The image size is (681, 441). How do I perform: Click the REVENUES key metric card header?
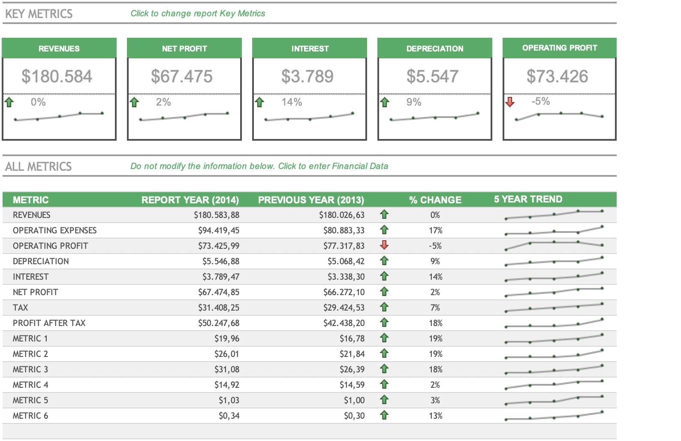click(59, 48)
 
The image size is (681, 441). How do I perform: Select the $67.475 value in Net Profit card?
click(182, 77)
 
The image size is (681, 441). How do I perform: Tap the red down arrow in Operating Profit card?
click(510, 102)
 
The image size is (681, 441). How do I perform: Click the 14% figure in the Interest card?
click(292, 102)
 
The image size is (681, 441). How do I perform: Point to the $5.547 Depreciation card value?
click(432, 77)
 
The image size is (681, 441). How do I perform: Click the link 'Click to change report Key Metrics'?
click(198, 13)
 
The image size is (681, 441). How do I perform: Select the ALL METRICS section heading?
click(38, 166)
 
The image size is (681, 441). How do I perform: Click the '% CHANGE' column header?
click(435, 200)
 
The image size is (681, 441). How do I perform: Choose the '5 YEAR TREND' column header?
click(528, 199)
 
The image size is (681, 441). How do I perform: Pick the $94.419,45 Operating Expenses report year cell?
click(219, 230)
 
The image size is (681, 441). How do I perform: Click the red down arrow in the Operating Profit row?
click(384, 245)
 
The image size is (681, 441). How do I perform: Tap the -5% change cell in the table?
click(435, 246)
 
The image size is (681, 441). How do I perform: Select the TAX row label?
click(21, 308)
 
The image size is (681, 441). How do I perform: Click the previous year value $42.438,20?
click(344, 323)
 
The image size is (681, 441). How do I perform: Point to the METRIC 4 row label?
click(30, 385)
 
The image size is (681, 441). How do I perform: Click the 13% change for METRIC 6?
click(435, 416)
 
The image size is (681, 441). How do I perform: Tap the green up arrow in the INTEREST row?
click(384, 276)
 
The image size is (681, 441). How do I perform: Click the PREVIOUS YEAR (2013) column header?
click(311, 200)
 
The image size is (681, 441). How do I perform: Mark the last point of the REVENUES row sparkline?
click(602, 211)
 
